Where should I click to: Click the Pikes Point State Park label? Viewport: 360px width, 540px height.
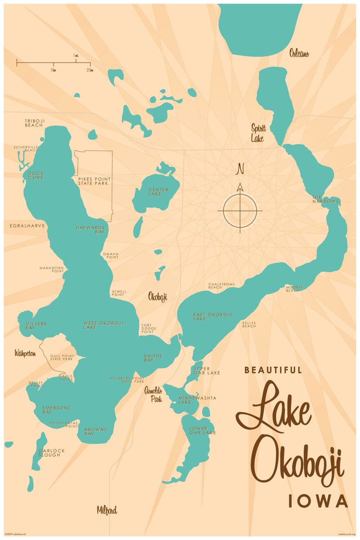[x=94, y=181]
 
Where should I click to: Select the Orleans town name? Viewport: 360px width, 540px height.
[x=299, y=54]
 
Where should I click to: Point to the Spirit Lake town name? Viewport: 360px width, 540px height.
[x=258, y=134]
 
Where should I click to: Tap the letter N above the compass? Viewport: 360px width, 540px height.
[x=240, y=169]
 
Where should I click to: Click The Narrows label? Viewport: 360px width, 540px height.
[x=325, y=199]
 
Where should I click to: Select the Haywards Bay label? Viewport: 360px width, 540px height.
[x=90, y=230]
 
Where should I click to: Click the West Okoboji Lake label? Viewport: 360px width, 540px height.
[x=103, y=325]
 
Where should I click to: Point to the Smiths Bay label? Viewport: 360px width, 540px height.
[x=153, y=358]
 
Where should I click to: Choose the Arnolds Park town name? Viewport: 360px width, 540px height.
[x=154, y=395]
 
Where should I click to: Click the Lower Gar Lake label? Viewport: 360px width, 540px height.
[x=202, y=430]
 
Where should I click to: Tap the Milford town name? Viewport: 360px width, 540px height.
[x=107, y=510]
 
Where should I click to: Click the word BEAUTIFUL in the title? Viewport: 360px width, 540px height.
[x=273, y=370]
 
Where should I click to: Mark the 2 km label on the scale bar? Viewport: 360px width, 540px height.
[x=89, y=70]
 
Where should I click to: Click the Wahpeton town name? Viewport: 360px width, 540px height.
[x=25, y=353]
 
